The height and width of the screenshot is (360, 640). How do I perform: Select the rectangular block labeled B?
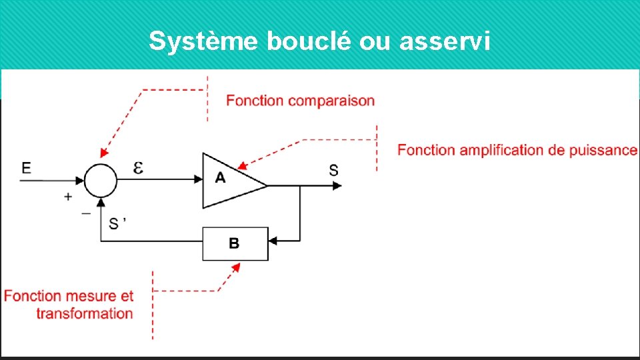(235, 243)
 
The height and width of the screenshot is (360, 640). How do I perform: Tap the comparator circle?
(101, 180)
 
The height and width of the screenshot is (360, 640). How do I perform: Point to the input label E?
(26, 167)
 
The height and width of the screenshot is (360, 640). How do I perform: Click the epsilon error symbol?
(138, 168)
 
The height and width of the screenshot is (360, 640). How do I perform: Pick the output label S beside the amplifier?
(333, 170)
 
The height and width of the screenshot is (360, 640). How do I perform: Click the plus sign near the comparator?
(68, 197)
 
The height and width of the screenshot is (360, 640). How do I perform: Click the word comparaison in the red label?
(331, 101)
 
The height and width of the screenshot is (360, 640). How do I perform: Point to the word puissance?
(603, 150)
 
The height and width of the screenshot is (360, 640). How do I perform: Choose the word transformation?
(85, 313)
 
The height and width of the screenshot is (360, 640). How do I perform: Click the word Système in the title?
(205, 41)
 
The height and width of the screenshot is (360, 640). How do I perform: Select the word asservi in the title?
(445, 41)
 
